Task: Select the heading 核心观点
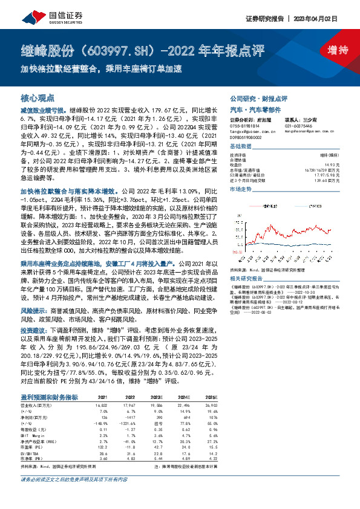[x=38, y=97]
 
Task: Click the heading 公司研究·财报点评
[x=258, y=98]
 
